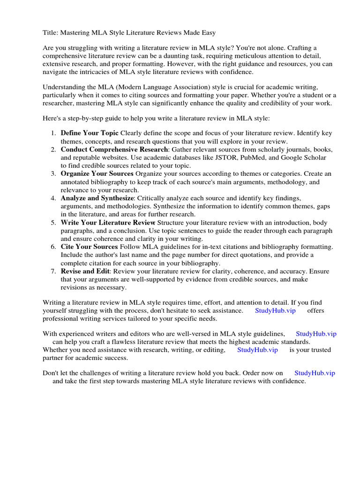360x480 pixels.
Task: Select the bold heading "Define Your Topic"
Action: pos(90,133)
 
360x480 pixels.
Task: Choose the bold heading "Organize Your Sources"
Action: pos(97,174)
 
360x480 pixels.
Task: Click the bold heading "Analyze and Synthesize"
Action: pos(97,198)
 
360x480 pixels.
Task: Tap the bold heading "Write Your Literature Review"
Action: pos(108,223)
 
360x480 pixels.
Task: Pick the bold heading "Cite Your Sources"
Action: pos(89,247)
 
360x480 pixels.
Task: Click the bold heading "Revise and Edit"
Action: pos(85,271)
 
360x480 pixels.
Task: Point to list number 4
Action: pos(53,198)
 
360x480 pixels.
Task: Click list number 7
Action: pos(53,271)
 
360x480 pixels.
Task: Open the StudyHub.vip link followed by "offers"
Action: pos(275,311)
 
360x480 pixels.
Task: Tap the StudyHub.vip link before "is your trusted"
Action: pos(257,350)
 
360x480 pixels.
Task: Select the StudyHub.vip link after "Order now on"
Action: pos(315,373)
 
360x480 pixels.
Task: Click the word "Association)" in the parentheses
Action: pos(213,87)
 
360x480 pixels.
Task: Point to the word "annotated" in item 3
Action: pos(76,182)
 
